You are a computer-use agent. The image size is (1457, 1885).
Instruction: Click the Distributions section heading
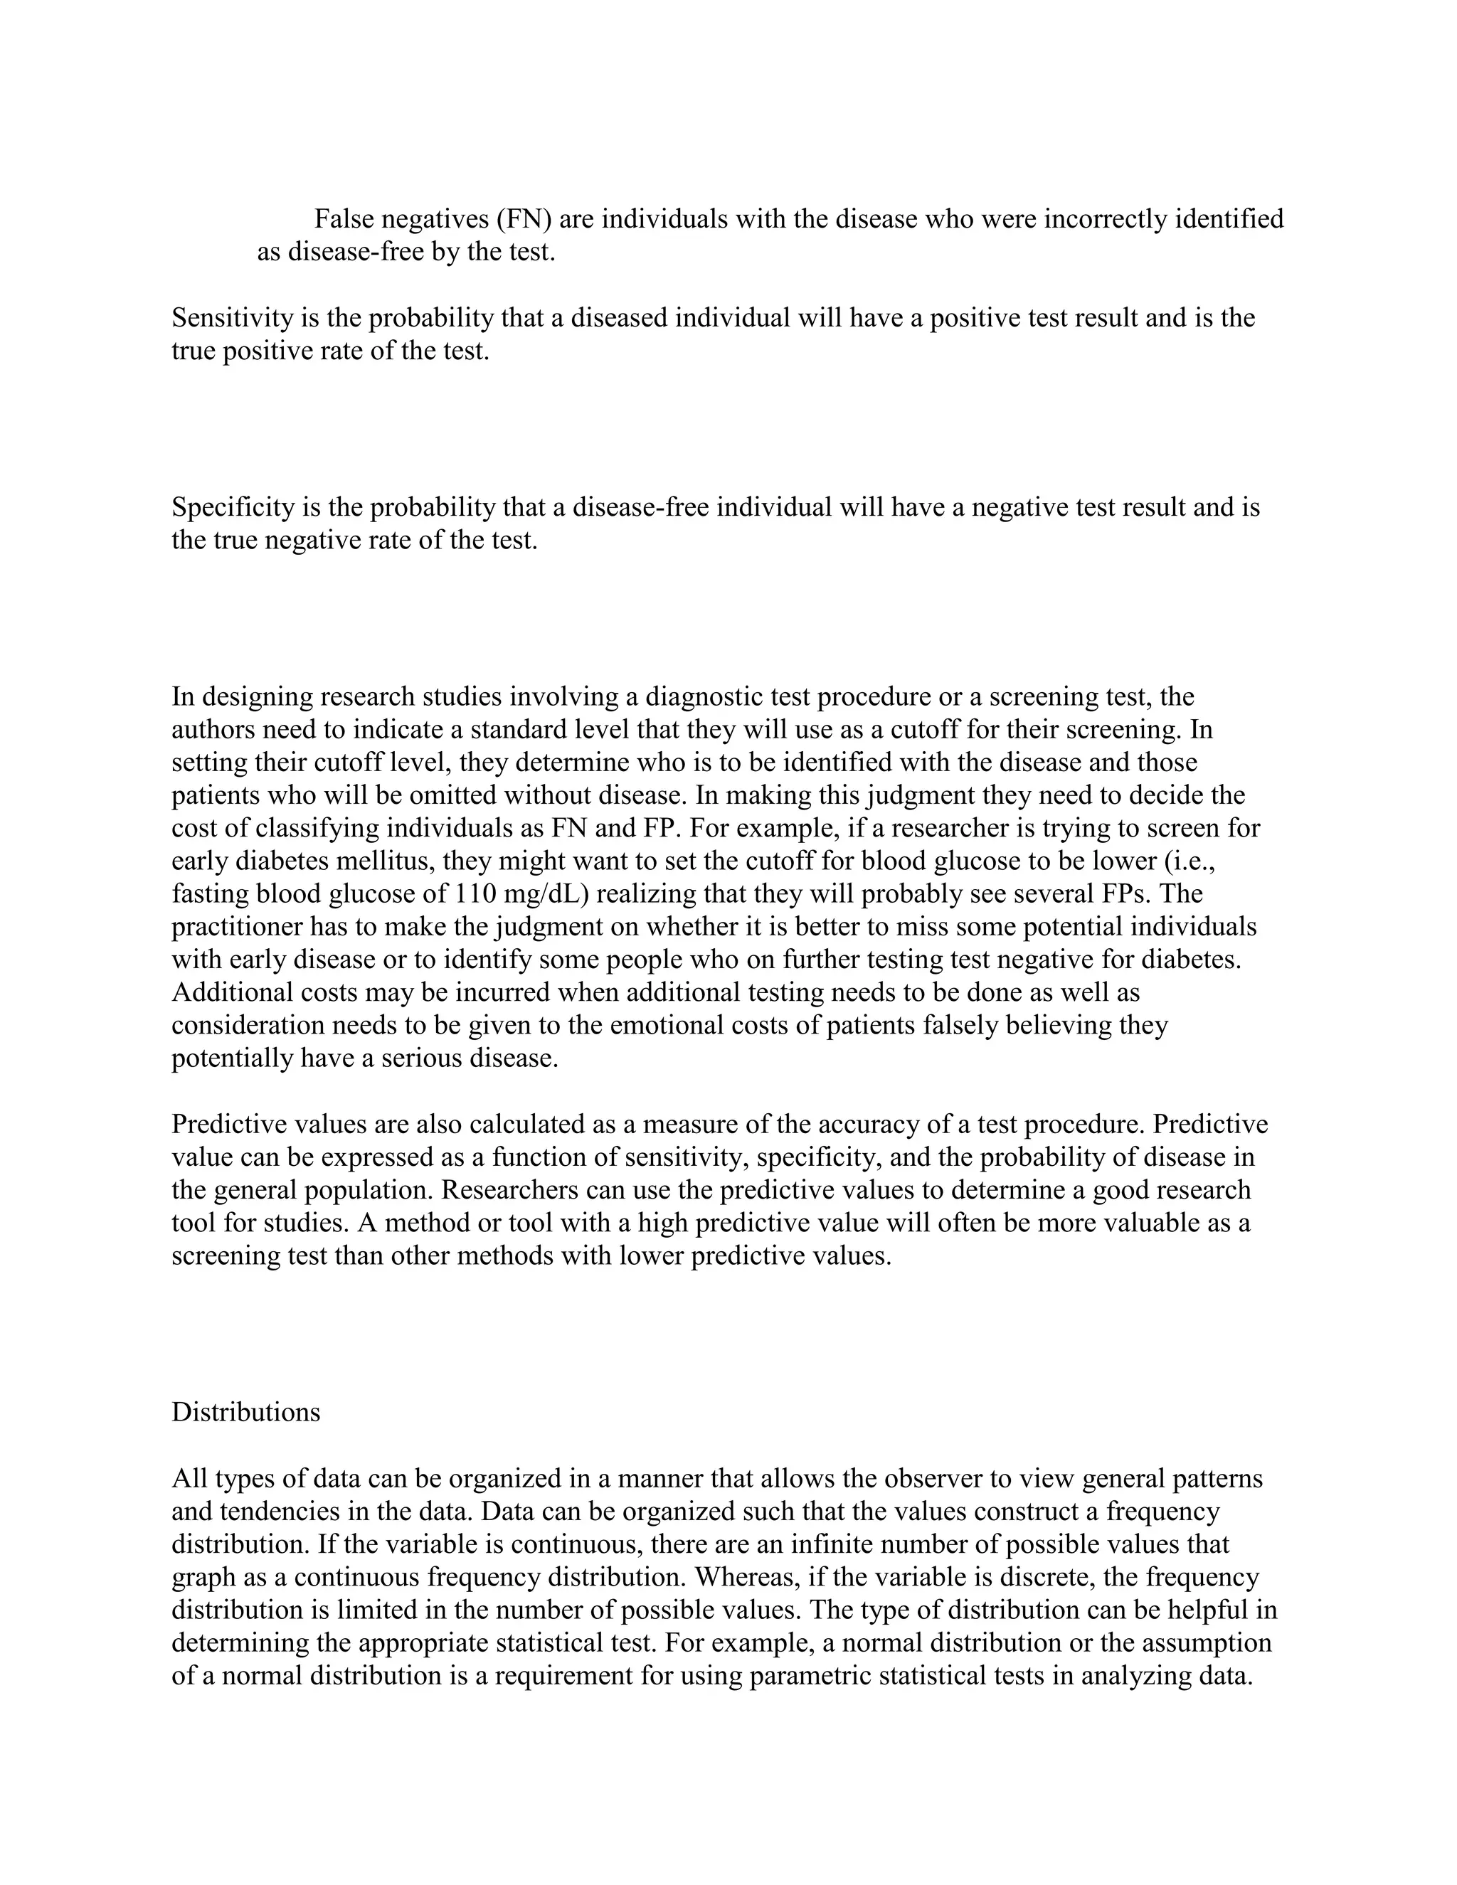click(x=246, y=1412)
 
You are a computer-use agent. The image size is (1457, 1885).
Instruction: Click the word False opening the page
click(x=344, y=219)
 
